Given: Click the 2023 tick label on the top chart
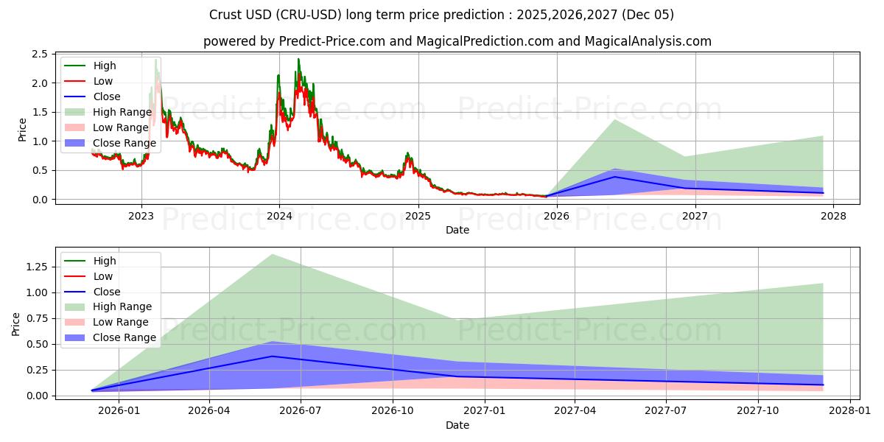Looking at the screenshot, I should click(141, 216).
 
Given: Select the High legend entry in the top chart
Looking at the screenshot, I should click(105, 66).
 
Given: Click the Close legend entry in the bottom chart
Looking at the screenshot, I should click(108, 291).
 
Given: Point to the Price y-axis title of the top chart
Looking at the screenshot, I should click(22, 130).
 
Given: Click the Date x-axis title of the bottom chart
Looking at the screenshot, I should click(457, 425).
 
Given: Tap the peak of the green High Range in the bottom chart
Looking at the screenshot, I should click(273, 254).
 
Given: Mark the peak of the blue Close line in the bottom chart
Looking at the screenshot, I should click(273, 356).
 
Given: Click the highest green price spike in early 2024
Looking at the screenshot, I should click(298, 59).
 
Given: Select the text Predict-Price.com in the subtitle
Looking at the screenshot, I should click(331, 41).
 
